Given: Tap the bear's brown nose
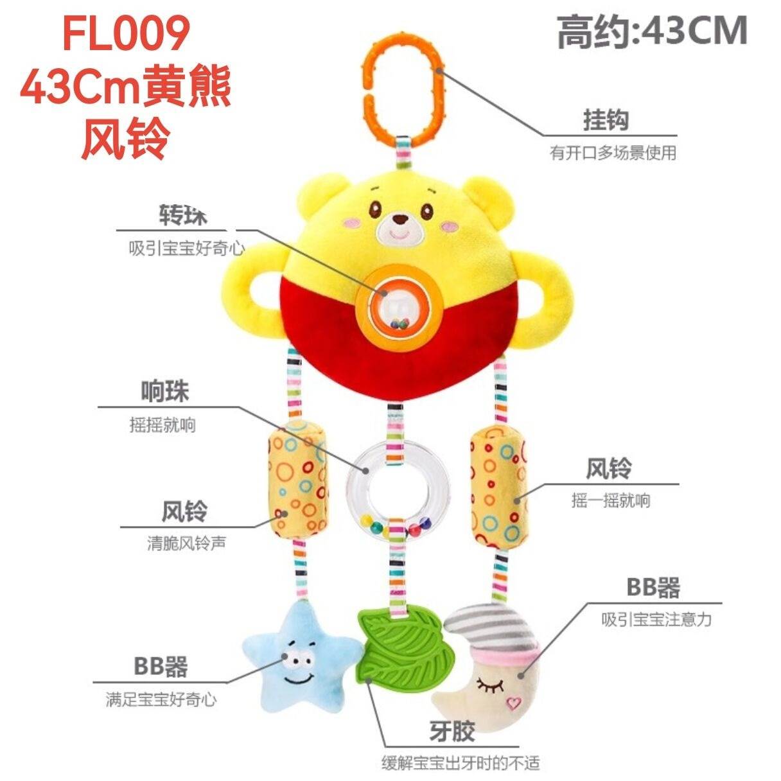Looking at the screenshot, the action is point(401,219).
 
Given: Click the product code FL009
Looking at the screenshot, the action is point(126,32).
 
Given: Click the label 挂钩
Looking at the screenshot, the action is point(606,119).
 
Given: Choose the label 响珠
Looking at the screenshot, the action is point(164,392).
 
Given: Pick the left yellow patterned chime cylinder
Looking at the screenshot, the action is point(297,480).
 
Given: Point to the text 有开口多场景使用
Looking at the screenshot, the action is point(612,154).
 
